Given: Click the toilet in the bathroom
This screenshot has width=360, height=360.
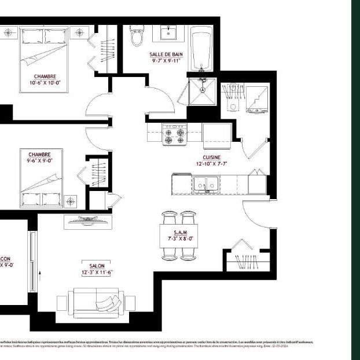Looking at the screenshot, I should click(x=137, y=35).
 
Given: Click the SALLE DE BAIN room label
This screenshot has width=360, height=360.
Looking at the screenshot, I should click(x=166, y=54).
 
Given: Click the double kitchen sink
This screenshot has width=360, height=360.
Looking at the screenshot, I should click(x=205, y=185).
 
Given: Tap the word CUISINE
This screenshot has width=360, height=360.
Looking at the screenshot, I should click(x=211, y=157).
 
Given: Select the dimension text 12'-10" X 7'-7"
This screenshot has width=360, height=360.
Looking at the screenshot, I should click(x=211, y=164).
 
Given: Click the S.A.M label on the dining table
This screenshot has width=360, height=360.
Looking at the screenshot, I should click(x=179, y=232).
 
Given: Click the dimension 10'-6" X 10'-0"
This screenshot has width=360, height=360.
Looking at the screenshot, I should click(x=45, y=82).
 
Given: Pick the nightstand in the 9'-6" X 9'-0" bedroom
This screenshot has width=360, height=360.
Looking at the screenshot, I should click(x=71, y=201).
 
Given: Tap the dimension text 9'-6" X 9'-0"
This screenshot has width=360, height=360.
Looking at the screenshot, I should click(x=39, y=161).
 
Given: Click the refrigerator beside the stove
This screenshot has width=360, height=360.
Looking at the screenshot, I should click(x=217, y=134).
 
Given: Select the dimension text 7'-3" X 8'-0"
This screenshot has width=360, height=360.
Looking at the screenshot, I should click(x=179, y=237).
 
